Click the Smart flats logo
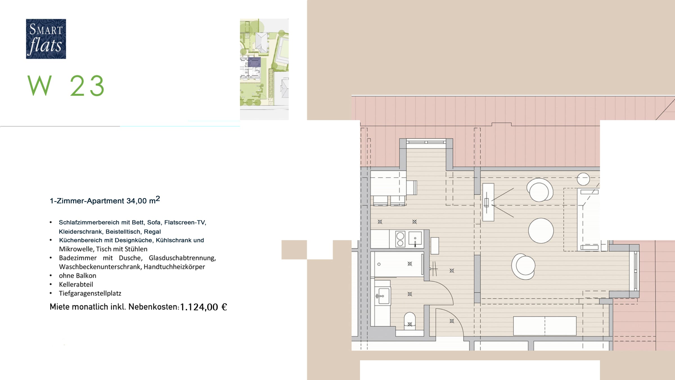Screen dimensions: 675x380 pyautogui.click(x=46, y=39)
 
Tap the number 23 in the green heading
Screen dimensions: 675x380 pyautogui.click(x=87, y=86)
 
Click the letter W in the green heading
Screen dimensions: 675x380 pyautogui.click(x=40, y=86)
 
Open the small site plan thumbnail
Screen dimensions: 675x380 pyautogui.click(x=264, y=69)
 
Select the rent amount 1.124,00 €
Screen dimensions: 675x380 pyautogui.click(x=203, y=307)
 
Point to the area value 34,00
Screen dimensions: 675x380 pyautogui.click(x=136, y=201)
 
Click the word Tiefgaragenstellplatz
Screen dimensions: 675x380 pyautogui.click(x=90, y=293)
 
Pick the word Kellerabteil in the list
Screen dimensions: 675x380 pyautogui.click(x=76, y=285)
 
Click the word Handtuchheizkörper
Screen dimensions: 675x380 pyautogui.click(x=174, y=267)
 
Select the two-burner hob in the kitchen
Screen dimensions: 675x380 pyautogui.click(x=400, y=239)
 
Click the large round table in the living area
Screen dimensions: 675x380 pyautogui.click(x=541, y=231)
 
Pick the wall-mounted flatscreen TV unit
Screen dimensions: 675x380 pyautogui.click(x=488, y=202)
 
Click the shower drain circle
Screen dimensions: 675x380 pyautogui.click(x=379, y=264)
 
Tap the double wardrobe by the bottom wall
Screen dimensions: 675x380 pyautogui.click(x=545, y=326)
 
